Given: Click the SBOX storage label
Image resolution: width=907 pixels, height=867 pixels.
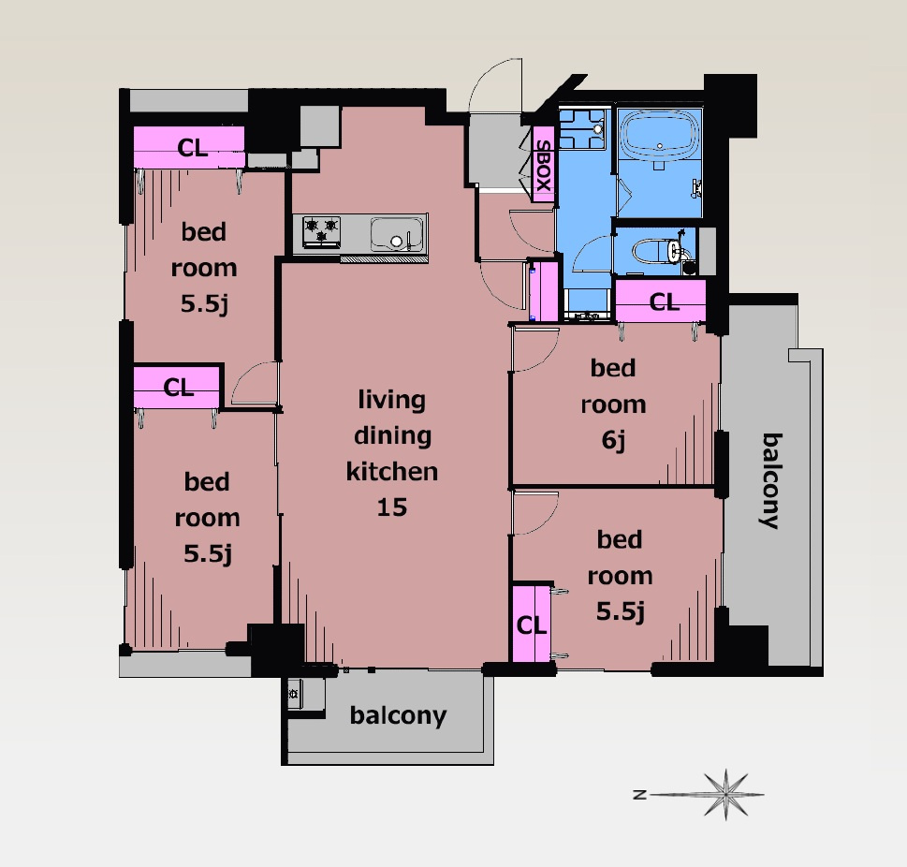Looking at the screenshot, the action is click(543, 166).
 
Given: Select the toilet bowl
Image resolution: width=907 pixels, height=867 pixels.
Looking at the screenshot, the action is click(657, 251).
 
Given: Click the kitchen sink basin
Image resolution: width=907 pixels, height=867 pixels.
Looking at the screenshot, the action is click(397, 234).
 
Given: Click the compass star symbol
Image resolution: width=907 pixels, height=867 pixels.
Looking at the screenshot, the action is click(725, 795).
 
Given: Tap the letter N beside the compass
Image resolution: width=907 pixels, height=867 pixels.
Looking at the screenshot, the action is click(639, 795).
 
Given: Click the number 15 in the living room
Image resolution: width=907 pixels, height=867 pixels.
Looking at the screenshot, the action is click(392, 507).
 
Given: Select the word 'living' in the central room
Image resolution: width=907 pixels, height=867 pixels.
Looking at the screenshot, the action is click(391, 400).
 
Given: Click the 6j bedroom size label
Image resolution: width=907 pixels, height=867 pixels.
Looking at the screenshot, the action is click(614, 440).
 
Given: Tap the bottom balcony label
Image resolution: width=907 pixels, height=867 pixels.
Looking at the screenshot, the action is click(398, 716).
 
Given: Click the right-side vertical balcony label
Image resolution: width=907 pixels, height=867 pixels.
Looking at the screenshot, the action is click(771, 481).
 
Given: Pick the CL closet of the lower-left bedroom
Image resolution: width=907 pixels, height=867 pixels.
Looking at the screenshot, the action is click(178, 388).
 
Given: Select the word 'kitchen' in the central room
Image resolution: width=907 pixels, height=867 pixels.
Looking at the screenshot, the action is click(392, 472).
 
